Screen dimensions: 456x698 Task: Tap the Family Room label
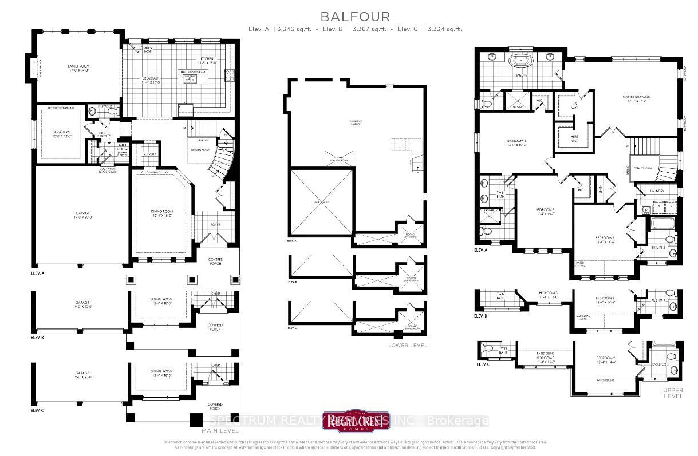78,67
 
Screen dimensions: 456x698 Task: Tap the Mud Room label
122,148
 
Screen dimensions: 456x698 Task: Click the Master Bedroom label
637,97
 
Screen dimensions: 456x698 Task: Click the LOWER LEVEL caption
407,345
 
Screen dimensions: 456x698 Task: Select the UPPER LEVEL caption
673,392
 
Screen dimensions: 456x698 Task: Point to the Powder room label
105,106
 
